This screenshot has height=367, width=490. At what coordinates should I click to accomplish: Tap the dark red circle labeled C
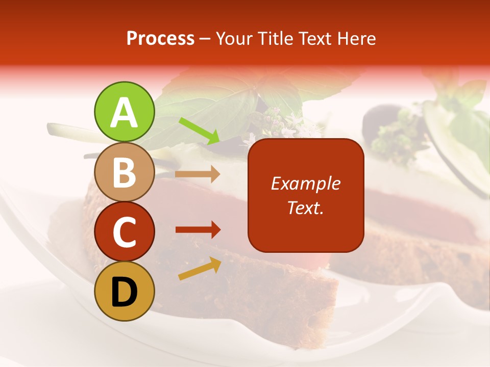coord(124,232)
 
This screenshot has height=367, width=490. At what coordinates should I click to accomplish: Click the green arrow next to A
coord(200,130)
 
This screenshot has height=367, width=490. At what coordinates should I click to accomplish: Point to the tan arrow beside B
coord(198,174)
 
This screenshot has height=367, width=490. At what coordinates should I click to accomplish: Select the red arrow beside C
coord(198,230)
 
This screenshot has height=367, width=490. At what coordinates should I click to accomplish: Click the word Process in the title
coord(161,39)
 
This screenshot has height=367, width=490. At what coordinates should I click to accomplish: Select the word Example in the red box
coord(305,183)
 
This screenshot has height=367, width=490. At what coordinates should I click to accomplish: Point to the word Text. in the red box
coord(305,207)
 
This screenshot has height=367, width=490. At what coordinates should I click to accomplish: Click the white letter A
coord(124,113)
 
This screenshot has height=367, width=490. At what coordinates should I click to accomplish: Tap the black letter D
coord(124,292)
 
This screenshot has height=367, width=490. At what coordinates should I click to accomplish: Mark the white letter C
coord(124,232)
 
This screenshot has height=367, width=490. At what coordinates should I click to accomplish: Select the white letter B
coord(124,173)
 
